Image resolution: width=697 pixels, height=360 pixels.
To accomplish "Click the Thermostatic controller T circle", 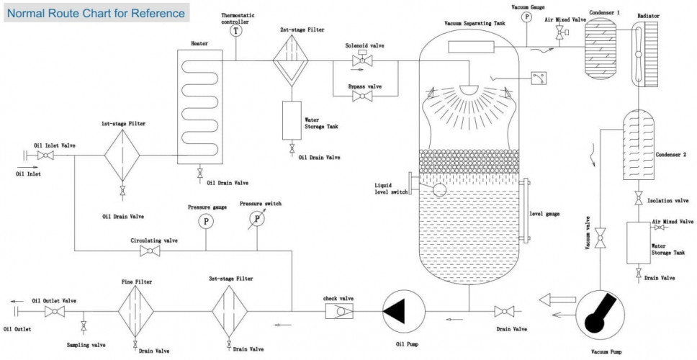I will click(236, 30).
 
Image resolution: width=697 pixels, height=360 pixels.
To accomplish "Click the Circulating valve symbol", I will click(150, 251).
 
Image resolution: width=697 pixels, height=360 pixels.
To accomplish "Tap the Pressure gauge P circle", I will click(206, 220).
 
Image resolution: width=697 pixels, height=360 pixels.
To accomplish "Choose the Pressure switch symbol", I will click(257, 218).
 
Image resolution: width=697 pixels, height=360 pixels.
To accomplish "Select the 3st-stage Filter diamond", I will click(229, 310).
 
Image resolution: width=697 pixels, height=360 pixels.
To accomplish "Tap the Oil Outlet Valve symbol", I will click(51, 311).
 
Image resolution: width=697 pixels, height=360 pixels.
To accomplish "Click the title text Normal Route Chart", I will click(96, 13).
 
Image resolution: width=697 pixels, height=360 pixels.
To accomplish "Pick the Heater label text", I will click(199, 43).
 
